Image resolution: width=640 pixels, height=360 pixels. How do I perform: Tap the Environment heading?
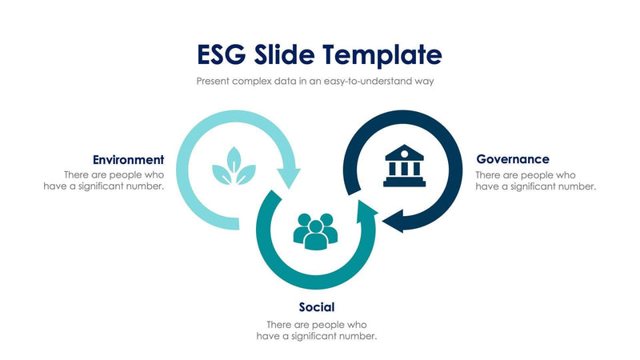pos(128,159)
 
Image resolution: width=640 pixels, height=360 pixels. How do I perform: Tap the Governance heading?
pos(512,159)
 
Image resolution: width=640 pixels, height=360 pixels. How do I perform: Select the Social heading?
pos(316,306)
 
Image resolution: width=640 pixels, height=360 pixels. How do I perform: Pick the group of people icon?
pos(315,230)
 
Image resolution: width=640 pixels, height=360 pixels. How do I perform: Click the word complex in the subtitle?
pos(258,81)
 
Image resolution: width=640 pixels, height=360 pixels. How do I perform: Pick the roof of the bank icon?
pos(404,151)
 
